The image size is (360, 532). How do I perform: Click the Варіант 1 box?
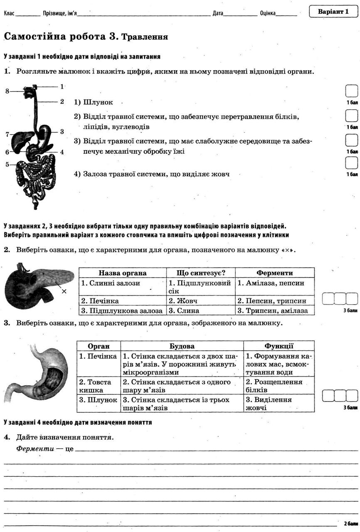click(x=333, y=12)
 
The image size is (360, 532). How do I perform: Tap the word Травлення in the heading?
click(x=144, y=37)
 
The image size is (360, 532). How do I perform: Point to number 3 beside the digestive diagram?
click(x=62, y=131)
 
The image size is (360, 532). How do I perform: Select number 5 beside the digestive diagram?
click(x=7, y=165)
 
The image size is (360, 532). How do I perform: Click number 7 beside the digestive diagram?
click(x=7, y=134)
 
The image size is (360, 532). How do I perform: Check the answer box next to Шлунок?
click(x=351, y=91)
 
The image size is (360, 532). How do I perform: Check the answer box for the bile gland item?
click(x=351, y=163)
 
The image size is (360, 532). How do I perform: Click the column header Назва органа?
click(x=122, y=273)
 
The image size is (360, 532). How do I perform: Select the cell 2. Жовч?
click(x=183, y=301)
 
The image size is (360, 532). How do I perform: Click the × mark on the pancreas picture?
click(x=64, y=291)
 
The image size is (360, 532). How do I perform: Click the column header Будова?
click(x=182, y=346)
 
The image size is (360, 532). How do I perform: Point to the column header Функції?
click(x=279, y=346)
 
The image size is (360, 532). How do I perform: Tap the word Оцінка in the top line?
click(x=268, y=13)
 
